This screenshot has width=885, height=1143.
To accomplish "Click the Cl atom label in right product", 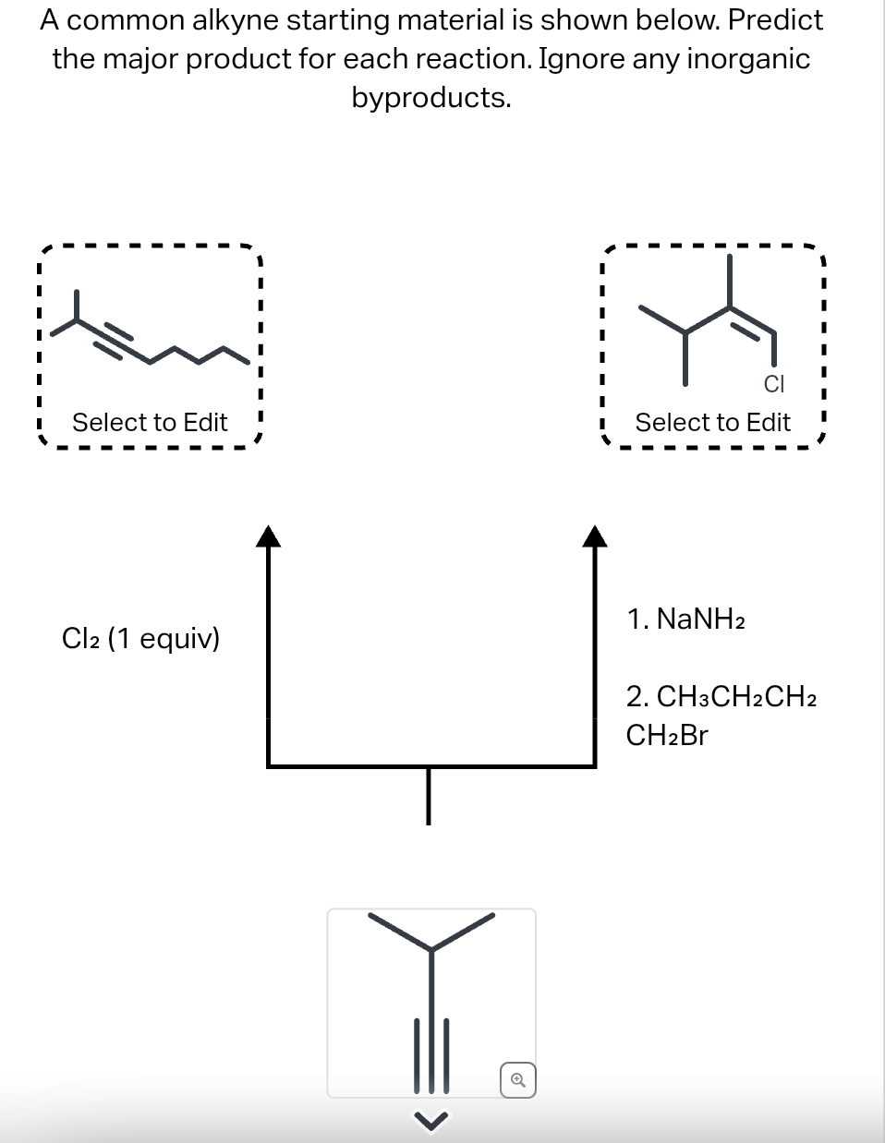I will point(774,383).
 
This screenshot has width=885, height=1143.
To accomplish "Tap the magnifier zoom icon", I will point(518,1079).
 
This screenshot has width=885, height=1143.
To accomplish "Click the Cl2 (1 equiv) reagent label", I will point(140,638).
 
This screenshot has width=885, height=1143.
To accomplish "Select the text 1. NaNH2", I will point(685,619).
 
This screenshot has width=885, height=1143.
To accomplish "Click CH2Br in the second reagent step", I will point(666,736).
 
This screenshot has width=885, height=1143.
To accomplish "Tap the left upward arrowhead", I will point(267,536).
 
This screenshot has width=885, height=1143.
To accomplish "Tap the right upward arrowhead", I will point(596,536).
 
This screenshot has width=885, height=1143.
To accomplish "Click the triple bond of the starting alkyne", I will point(430,1053).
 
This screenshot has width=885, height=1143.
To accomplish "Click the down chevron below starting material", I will point(430,1121).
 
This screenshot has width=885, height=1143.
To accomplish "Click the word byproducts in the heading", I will point(430,97).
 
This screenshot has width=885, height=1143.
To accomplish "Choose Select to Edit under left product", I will point(150,423).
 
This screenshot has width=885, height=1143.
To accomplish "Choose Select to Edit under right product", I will point(712,423).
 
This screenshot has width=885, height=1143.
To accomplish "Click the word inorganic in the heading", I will point(747,58).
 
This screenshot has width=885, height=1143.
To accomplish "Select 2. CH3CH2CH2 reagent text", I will point(721,696).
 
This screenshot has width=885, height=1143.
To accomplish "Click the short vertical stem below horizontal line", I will point(428,795).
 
